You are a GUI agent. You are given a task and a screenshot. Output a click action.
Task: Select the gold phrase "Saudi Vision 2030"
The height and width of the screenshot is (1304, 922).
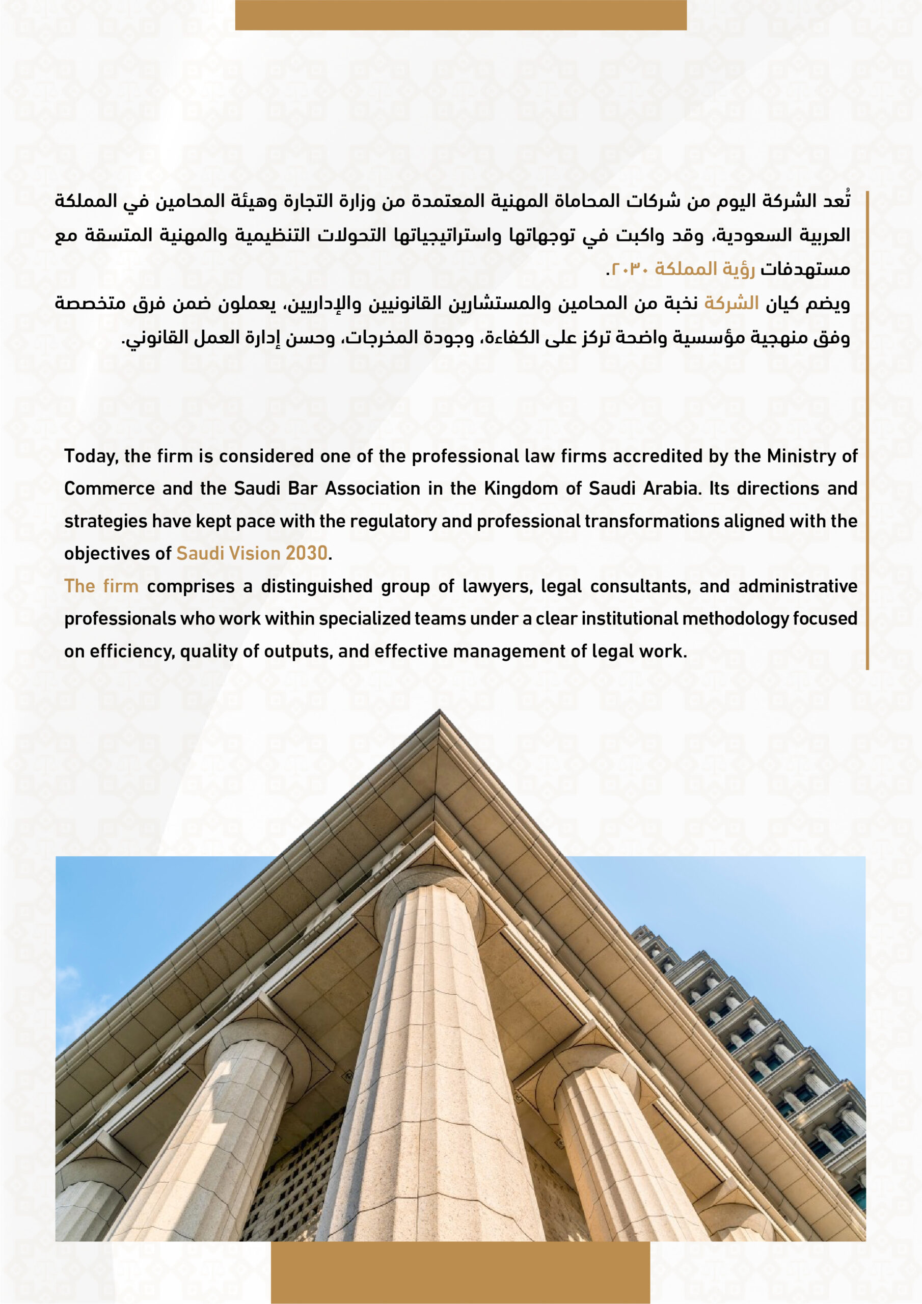(x=252, y=553)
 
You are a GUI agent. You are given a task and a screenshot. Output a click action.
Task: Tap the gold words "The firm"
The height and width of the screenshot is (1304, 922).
(x=101, y=586)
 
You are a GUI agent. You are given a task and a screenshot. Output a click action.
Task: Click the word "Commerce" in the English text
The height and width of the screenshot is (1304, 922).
(x=109, y=488)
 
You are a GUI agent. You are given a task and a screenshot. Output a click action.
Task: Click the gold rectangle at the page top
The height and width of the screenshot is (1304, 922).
(x=460, y=15)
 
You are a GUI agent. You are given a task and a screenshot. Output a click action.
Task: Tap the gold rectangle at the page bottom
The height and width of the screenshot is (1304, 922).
(x=460, y=1272)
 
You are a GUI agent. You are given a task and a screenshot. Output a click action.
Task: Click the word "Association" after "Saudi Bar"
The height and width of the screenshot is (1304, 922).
(x=372, y=488)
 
